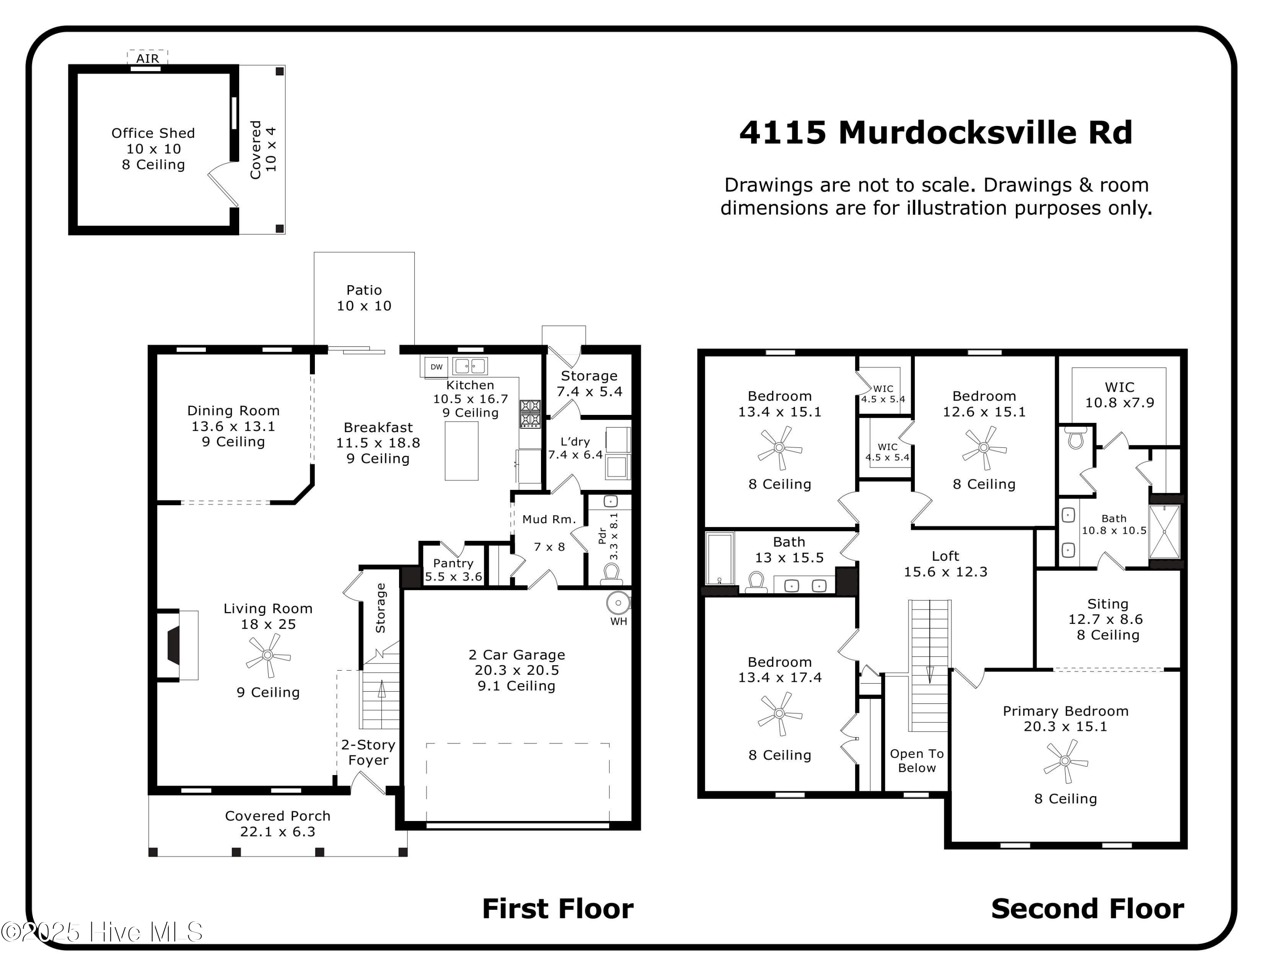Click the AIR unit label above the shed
pyautogui.click(x=147, y=59)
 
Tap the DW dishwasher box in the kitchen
pyautogui.click(x=436, y=367)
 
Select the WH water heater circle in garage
pyautogui.click(x=618, y=603)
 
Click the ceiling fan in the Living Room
pyautogui.click(x=267, y=655)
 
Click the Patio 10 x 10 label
pyautogui.click(x=364, y=298)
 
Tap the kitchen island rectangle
pyautogui.click(x=461, y=451)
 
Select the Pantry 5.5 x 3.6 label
pyautogui.click(x=453, y=570)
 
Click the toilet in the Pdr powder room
pyautogui.click(x=611, y=573)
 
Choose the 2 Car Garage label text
pyautogui.click(x=517, y=655)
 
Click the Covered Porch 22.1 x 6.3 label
pyautogui.click(x=277, y=823)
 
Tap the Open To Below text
pyautogui.click(x=917, y=760)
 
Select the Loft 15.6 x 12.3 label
pyautogui.click(x=946, y=564)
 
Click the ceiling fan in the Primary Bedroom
pyautogui.click(x=1065, y=761)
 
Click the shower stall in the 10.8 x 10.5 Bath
pyautogui.click(x=1164, y=532)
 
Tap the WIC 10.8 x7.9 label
pyautogui.click(x=1119, y=395)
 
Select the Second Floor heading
pyautogui.click(x=1087, y=908)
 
